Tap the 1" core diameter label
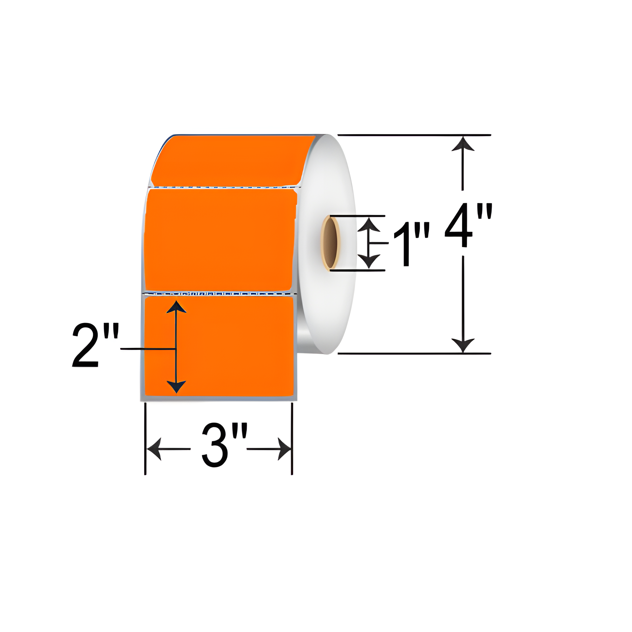pos(411,244)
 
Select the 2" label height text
pos(95,345)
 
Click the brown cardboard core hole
pos(331,243)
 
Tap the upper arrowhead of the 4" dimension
pos(463,145)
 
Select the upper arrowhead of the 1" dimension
pos(369,225)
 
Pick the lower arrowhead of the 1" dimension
pos(369,261)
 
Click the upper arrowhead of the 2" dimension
pos(176,307)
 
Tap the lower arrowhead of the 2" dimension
pos(176,386)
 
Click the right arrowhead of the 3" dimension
pos(284,449)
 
